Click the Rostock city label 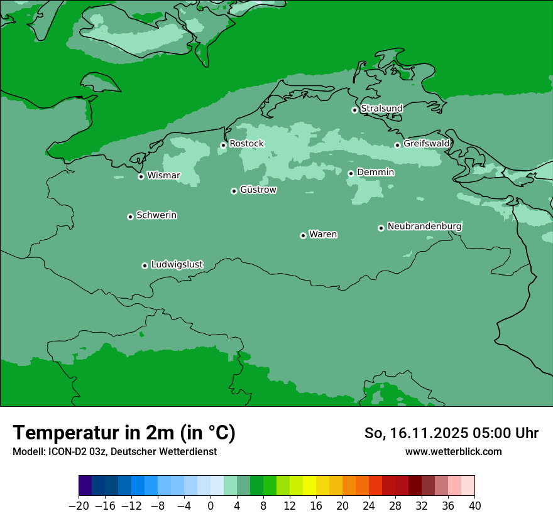tap(246, 144)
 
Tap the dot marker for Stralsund tap(354, 110)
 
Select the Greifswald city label tap(426, 144)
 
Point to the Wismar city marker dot tap(141, 176)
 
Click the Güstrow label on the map tap(258, 190)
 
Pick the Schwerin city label tap(156, 215)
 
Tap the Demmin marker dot tap(351, 173)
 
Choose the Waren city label tap(323, 235)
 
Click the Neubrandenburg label tap(424, 226)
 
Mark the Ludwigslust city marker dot tap(145, 266)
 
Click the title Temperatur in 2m tap(124, 433)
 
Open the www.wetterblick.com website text tap(453, 451)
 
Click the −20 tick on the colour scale tap(79, 506)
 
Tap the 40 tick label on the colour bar tap(474, 506)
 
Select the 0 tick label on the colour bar tap(211, 506)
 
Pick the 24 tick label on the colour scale tap(369, 506)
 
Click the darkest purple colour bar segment tap(85, 486)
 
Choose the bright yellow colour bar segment tap(309, 486)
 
